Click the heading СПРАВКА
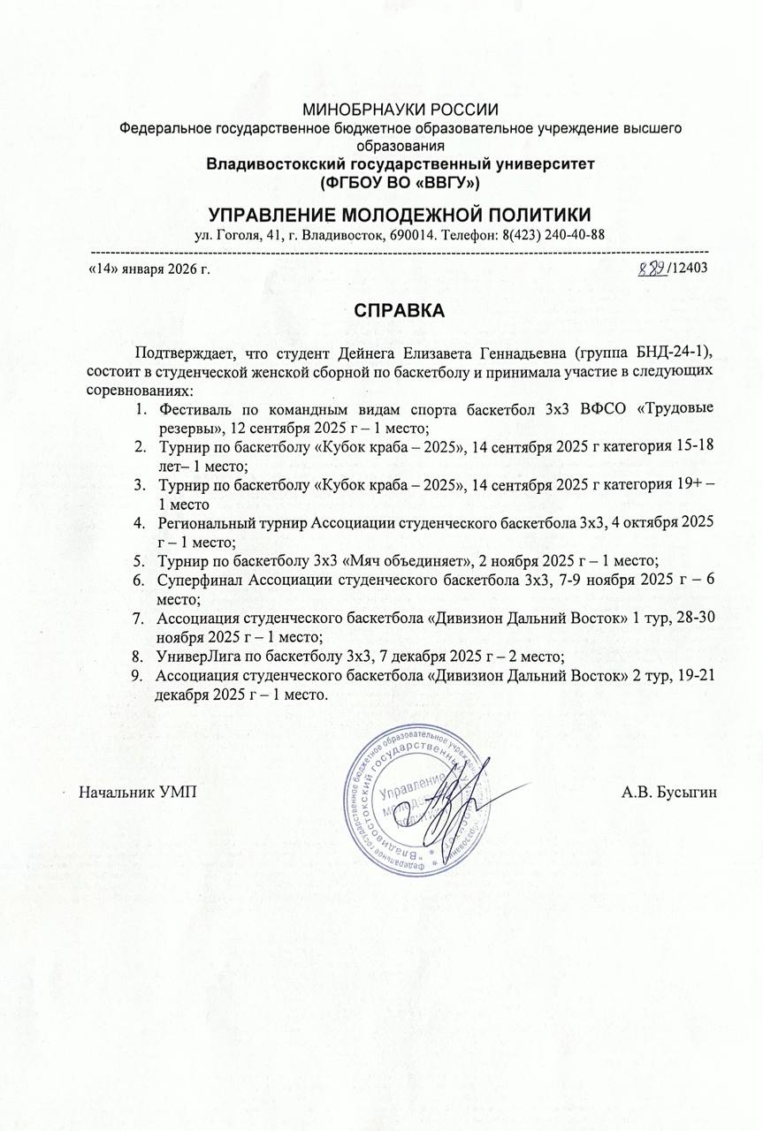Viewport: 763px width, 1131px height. point(401,312)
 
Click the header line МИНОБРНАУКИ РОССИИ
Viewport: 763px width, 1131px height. point(401,110)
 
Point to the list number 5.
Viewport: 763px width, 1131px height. point(139,560)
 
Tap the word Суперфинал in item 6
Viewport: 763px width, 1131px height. point(200,580)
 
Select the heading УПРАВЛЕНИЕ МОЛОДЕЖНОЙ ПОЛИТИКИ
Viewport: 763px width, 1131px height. point(401,215)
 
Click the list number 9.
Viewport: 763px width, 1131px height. point(137,676)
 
